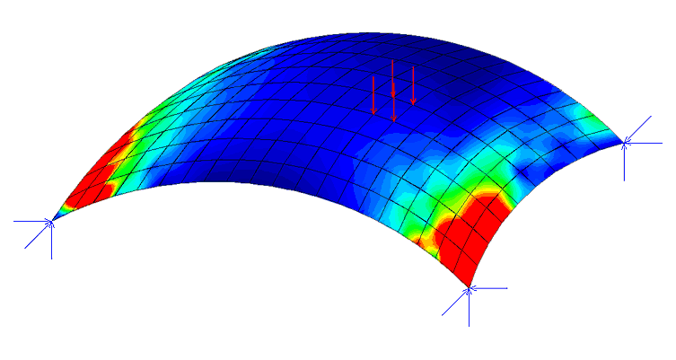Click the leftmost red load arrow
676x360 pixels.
pyautogui.click(x=374, y=94)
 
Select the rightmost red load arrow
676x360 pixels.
pyautogui.click(x=413, y=85)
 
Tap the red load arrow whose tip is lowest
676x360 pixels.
pyautogui.click(x=393, y=102)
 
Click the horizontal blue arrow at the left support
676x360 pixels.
pyautogui.click(x=32, y=220)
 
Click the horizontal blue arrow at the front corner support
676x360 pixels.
pyautogui.click(x=489, y=288)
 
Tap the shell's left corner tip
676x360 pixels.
pyautogui.click(x=53, y=219)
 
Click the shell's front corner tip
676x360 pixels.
pyautogui.click(x=469, y=286)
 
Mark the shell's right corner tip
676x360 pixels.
pyautogui.click(x=624, y=141)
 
